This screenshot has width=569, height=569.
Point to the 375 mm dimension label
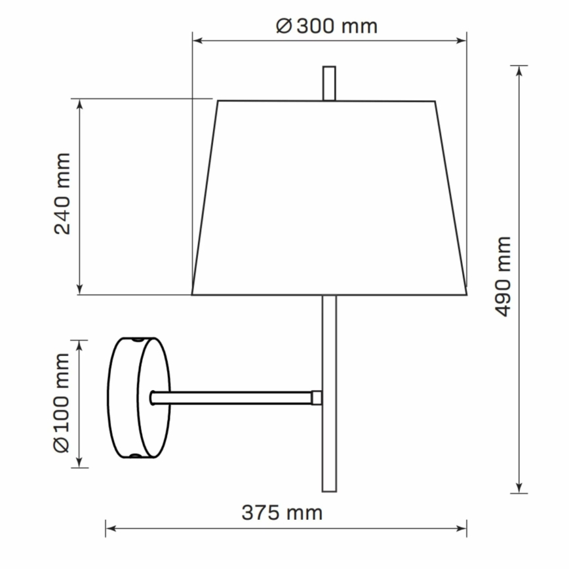point(282,512)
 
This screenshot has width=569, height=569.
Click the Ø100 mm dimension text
point(62,402)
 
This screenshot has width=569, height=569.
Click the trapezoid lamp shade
point(328,197)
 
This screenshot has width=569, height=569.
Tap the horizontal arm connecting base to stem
point(233,397)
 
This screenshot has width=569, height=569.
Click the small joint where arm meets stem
point(317,397)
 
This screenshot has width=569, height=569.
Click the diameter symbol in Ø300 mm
point(283,26)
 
